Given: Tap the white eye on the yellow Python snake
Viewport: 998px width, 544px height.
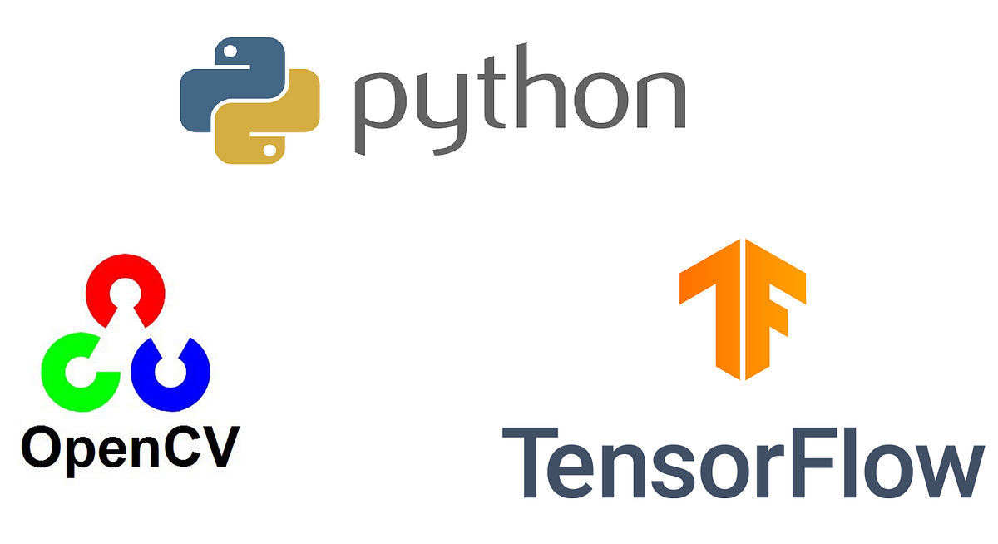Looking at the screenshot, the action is (269, 149).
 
